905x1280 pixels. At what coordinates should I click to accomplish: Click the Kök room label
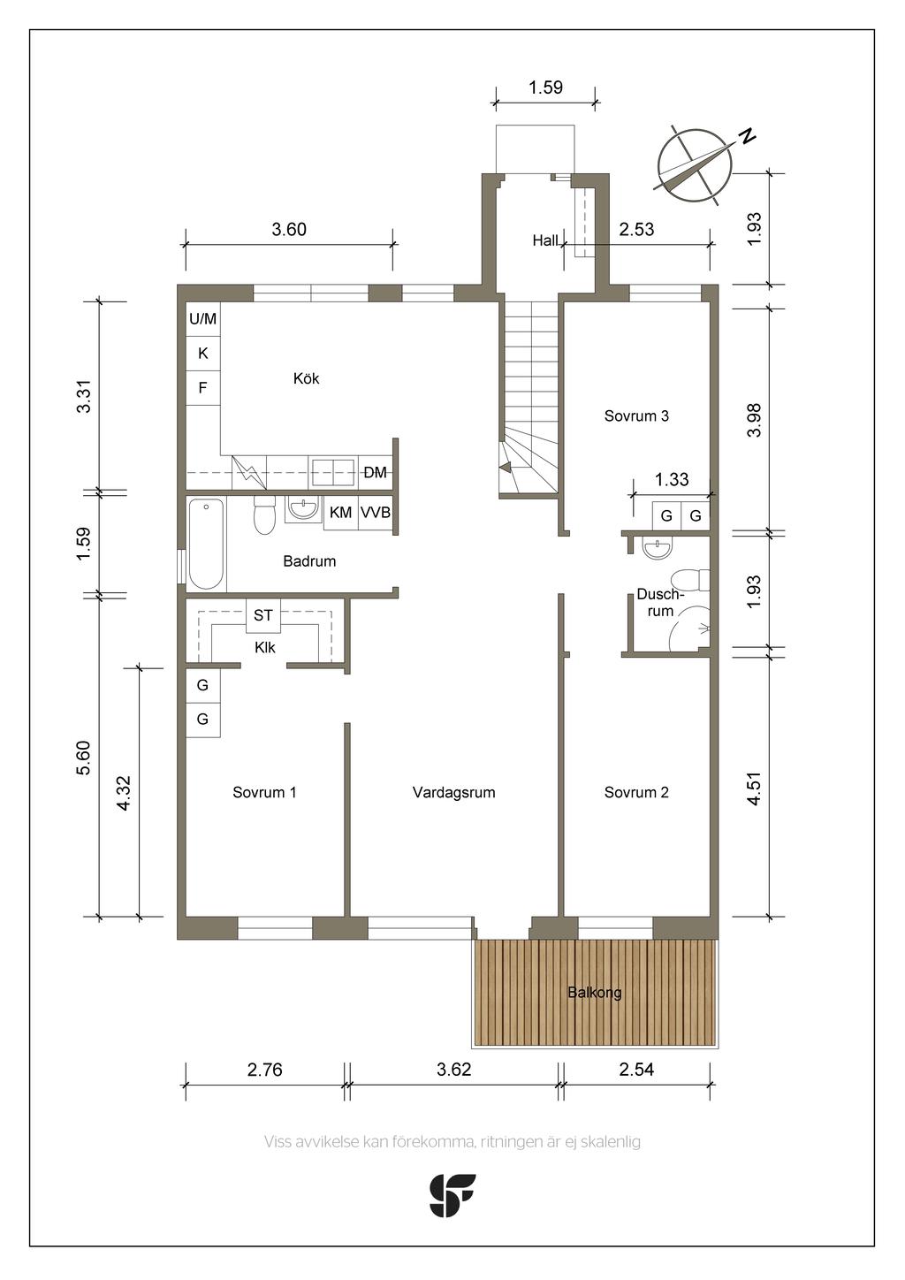(307, 378)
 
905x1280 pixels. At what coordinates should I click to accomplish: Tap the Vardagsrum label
(453, 793)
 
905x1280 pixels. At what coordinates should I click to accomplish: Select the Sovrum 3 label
(636, 416)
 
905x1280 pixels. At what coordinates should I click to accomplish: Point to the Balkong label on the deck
(594, 993)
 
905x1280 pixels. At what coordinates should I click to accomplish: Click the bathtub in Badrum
(206, 544)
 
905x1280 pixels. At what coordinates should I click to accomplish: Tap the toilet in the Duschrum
(691, 581)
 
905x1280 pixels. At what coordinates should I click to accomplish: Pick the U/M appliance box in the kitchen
(202, 319)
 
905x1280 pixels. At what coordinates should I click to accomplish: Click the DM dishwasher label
(375, 473)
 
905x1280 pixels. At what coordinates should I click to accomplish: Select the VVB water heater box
(376, 513)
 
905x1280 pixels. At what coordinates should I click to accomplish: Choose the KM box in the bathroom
(341, 513)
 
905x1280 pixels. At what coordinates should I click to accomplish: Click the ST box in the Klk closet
(262, 615)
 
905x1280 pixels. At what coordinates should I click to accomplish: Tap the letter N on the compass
(747, 136)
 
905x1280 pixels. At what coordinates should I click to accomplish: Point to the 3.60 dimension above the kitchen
(289, 230)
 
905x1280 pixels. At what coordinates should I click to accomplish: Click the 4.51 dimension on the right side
(755, 789)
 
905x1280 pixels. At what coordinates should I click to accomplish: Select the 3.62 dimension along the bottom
(453, 1070)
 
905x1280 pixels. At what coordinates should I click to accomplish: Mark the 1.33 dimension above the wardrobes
(672, 480)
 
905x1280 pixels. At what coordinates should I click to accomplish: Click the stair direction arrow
(506, 468)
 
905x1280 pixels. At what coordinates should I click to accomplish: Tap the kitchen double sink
(332, 473)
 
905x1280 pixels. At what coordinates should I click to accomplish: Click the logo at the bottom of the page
(452, 1196)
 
